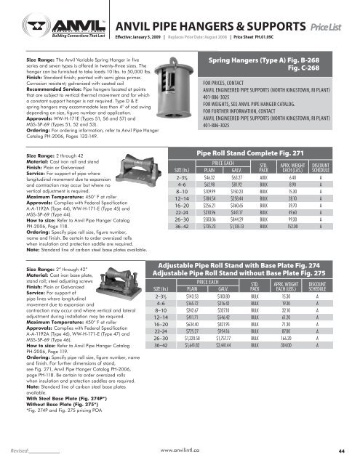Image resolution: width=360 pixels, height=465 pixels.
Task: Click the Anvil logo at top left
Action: coord(37,22)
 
